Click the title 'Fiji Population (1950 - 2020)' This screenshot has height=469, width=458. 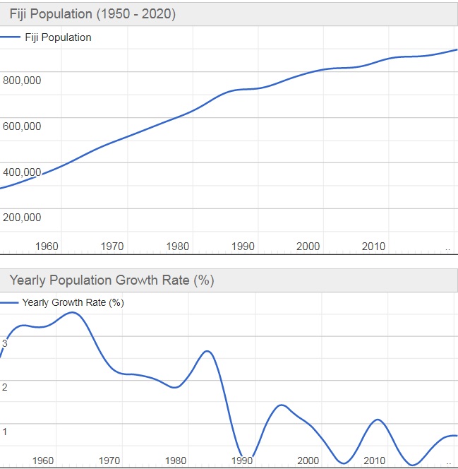92,14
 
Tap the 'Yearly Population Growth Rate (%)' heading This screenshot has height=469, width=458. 112,280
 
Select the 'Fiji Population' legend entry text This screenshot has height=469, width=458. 58,37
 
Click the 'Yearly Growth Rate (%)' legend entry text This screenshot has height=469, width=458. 73,302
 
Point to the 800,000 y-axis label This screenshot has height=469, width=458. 22,81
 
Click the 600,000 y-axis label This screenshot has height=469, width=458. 22,126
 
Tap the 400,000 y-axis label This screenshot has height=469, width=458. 22,172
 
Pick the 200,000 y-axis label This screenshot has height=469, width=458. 22,218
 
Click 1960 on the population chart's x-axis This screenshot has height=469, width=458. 46,247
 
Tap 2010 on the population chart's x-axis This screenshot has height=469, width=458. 373,247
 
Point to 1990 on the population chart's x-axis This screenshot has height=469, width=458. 243,247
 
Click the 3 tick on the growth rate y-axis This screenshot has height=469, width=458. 4,343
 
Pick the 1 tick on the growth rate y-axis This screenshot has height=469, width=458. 4,432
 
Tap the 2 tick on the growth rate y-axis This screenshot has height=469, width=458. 4,387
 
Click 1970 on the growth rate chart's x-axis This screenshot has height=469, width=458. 109,461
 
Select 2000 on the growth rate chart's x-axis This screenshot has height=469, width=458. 308,461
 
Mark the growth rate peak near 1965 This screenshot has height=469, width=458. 73,312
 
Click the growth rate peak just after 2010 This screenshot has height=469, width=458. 378,420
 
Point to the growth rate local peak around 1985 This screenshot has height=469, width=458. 207,351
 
